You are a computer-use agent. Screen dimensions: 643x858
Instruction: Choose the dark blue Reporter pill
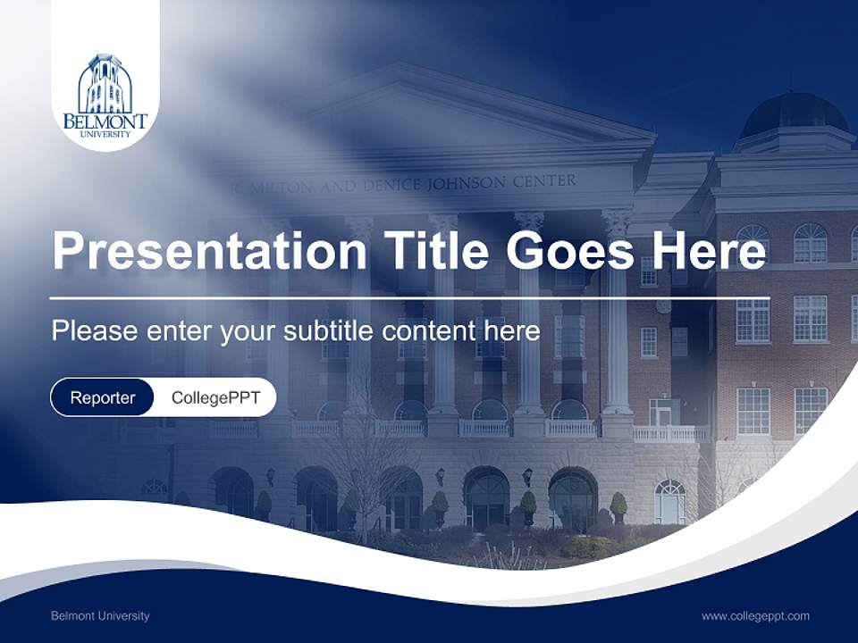pyautogui.click(x=102, y=397)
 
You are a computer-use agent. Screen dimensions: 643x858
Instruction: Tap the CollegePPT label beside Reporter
pyautogui.click(x=215, y=397)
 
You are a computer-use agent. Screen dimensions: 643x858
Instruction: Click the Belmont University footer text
pyautogui.click(x=100, y=615)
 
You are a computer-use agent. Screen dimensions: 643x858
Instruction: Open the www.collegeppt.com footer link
pyautogui.click(x=755, y=615)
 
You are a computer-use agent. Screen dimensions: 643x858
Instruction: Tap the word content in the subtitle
pyautogui.click(x=430, y=331)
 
